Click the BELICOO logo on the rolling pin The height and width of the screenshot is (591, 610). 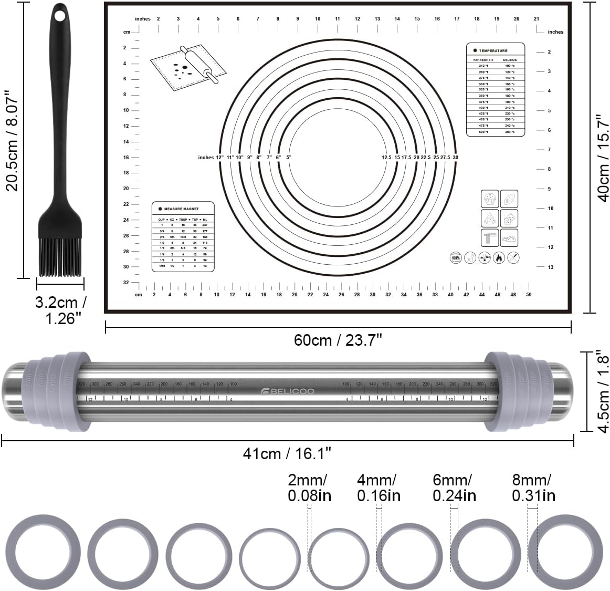[x=288, y=391]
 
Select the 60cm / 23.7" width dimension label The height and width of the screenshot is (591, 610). [x=338, y=340]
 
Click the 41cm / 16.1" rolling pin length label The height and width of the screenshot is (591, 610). [x=287, y=453]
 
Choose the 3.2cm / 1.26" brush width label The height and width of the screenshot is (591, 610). [x=60, y=310]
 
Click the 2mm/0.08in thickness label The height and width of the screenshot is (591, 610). [x=309, y=488]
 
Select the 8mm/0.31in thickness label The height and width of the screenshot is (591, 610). [x=533, y=488]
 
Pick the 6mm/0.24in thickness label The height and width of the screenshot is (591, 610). [x=454, y=488]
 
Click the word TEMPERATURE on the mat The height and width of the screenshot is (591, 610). [x=493, y=51]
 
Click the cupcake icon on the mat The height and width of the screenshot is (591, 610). [x=489, y=199]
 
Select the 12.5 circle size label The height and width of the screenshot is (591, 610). [x=387, y=157]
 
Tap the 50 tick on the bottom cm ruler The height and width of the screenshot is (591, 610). [x=529, y=294]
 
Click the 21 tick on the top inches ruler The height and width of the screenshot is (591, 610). [x=536, y=19]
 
